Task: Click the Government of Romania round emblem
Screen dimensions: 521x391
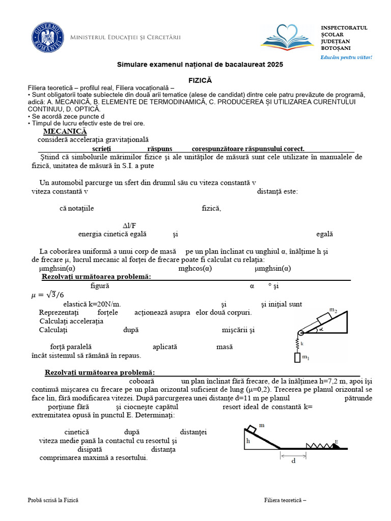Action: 47,38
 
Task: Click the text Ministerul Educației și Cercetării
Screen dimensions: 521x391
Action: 125,38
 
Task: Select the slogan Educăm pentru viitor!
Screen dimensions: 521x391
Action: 346,57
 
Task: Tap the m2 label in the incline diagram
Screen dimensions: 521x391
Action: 333,310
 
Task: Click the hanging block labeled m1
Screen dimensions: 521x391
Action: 297,358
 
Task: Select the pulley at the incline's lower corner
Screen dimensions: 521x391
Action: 300,333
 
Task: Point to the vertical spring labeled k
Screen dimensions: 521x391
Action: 298,344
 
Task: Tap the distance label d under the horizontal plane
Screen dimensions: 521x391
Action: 293,461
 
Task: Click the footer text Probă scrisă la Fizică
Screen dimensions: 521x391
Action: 53,501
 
